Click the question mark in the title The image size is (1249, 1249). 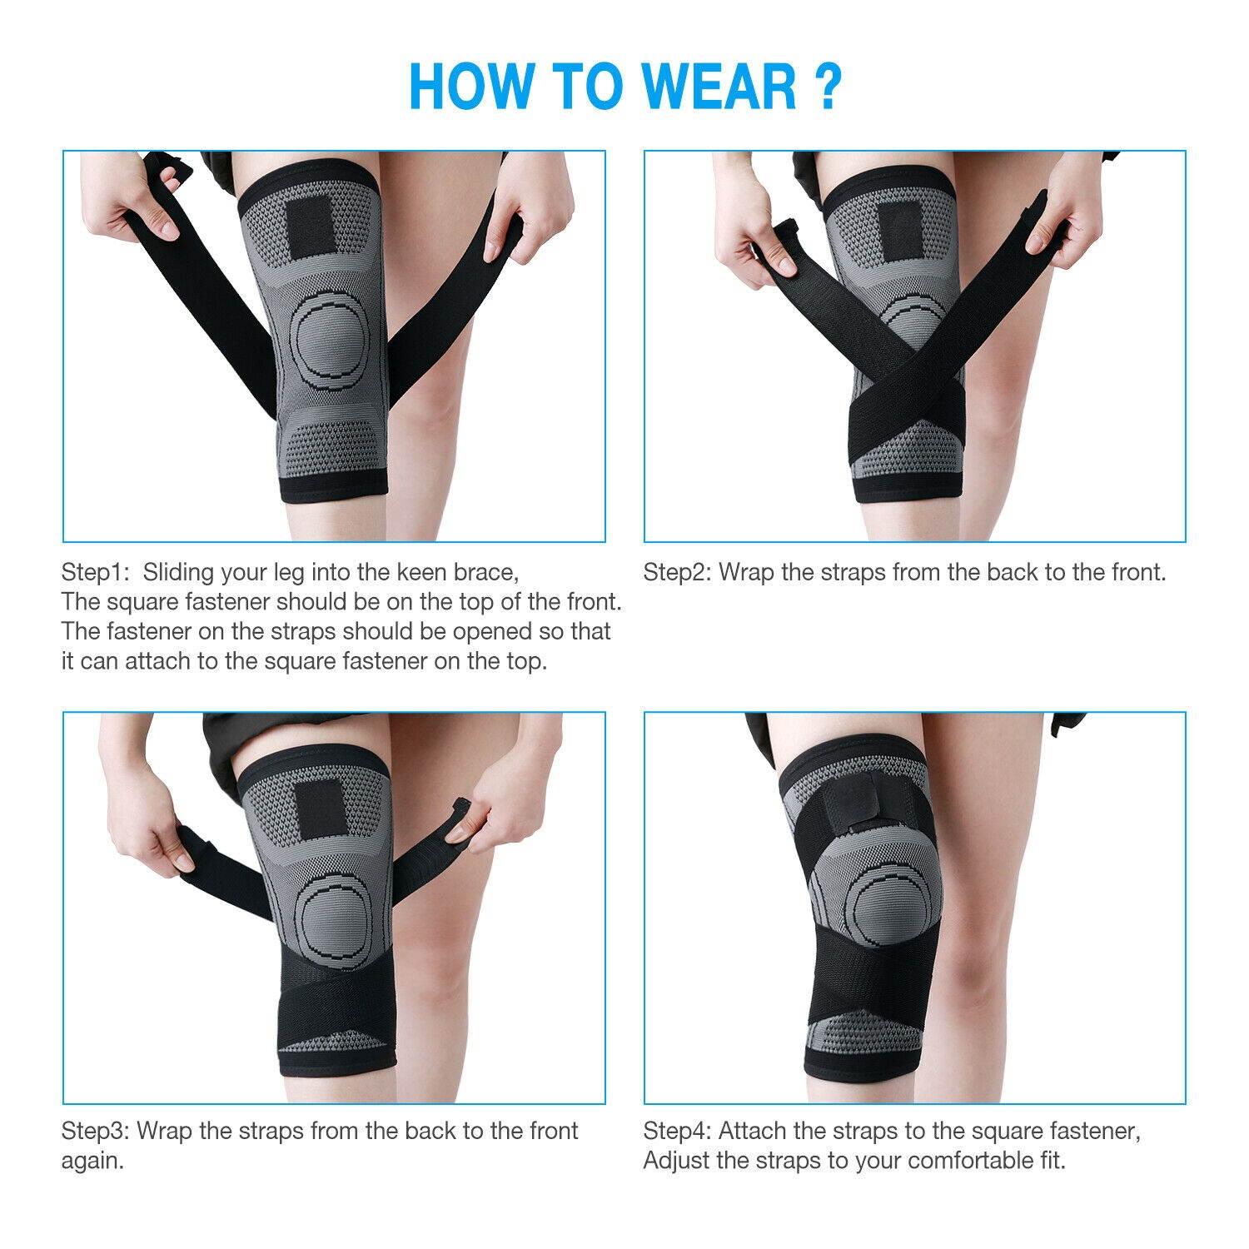(x=828, y=86)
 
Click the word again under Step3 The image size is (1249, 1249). (x=92, y=1161)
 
